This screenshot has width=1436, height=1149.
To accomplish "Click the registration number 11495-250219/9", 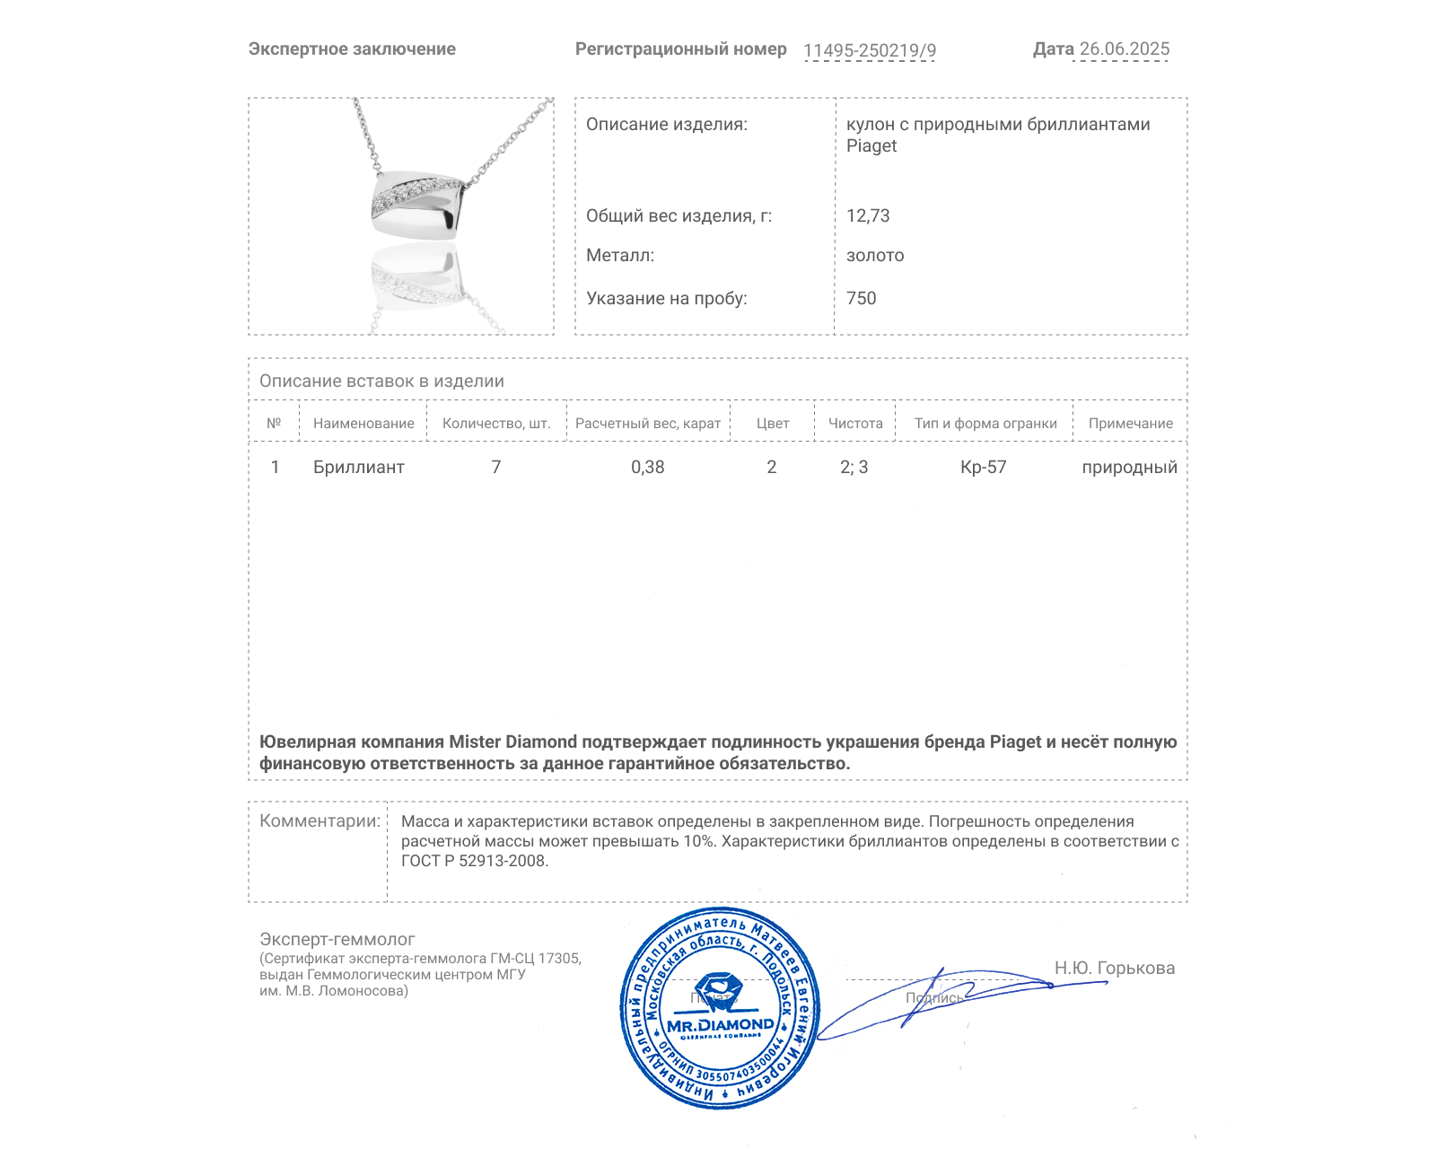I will (869, 50).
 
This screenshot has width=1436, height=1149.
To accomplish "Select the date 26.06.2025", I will (1124, 49).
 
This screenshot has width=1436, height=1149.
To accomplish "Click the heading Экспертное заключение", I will (352, 49).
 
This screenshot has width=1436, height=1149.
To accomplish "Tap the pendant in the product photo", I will (417, 206).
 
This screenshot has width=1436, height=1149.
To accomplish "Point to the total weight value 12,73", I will (868, 216).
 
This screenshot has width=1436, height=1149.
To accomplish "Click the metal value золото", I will (875, 256).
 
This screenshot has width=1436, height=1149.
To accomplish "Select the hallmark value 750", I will (861, 299).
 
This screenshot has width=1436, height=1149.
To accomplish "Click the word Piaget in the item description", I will (871, 146).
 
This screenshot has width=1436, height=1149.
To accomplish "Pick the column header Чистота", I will (855, 424).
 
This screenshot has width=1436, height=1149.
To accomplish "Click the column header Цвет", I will (773, 424).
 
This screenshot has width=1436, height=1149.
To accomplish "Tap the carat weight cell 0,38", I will (647, 468).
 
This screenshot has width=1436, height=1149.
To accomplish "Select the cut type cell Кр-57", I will (983, 468).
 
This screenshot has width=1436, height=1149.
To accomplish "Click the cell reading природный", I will (1129, 468).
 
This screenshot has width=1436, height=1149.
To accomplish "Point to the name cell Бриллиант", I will (358, 468).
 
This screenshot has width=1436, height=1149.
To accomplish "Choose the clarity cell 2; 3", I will (854, 468).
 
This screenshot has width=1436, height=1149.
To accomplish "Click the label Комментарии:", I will (320, 821).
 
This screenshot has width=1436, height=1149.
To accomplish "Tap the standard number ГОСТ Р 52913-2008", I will (473, 862).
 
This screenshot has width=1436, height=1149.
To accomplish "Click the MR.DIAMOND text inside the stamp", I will (720, 1025).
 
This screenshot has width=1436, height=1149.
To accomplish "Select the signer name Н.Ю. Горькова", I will (1114, 969).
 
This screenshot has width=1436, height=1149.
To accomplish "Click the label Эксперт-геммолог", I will (337, 940).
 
